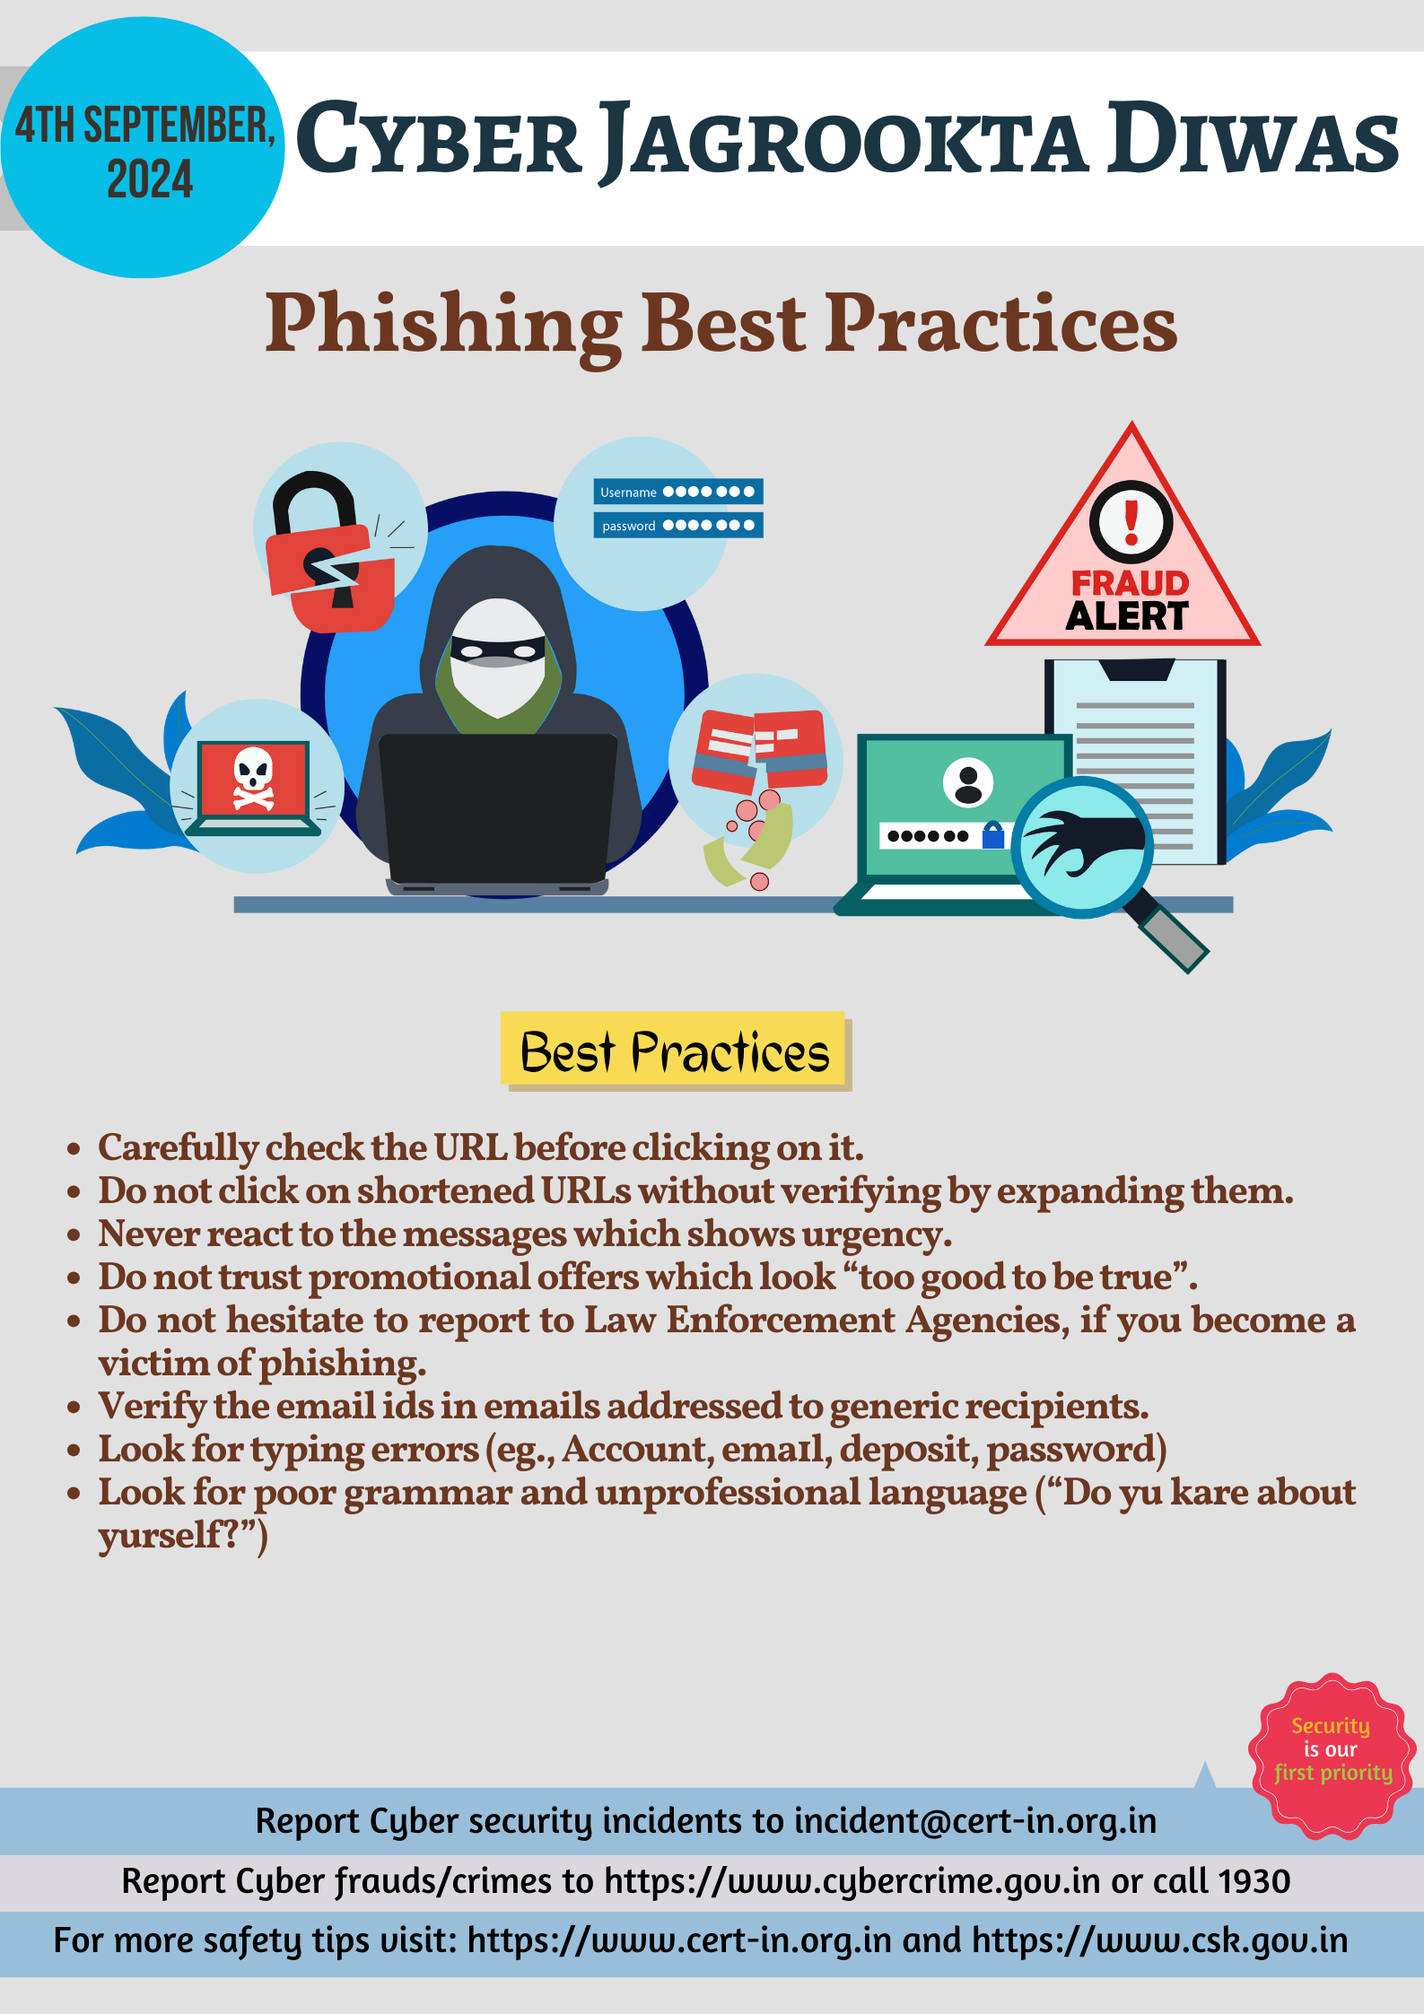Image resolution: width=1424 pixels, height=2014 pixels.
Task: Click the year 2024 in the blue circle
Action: (150, 179)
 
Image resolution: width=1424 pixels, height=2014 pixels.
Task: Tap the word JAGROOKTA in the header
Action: (844, 141)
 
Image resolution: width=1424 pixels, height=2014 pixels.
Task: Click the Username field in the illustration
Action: (678, 492)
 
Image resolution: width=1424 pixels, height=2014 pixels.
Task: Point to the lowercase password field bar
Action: (678, 525)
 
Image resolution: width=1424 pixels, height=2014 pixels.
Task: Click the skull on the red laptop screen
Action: (253, 778)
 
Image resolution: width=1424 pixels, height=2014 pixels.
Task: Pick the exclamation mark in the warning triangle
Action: (1131, 523)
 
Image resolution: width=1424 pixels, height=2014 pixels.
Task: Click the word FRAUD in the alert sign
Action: (1131, 583)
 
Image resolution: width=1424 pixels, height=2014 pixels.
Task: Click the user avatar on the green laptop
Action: (968, 782)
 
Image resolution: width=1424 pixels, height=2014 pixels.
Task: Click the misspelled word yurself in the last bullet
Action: (159, 1536)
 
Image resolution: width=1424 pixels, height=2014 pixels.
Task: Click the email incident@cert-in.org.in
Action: (975, 1820)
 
